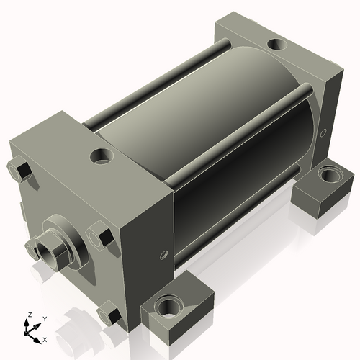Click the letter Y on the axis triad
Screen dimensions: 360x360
pos(45,318)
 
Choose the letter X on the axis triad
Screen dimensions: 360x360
pos(45,338)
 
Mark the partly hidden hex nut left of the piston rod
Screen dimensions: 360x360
pos(31,248)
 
